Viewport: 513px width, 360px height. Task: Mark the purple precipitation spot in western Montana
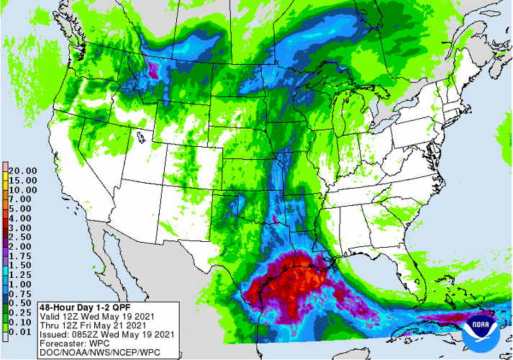pos(153,71)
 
